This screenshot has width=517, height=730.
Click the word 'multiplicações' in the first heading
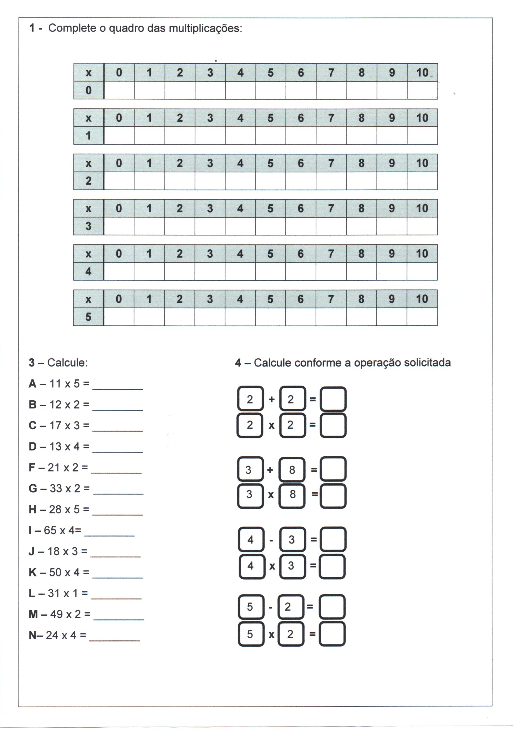205,29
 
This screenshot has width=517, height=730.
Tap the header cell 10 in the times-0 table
422,72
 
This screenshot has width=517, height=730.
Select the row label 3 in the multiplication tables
88,226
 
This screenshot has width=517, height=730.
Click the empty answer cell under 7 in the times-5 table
331,317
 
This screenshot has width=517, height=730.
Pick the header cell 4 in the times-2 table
240,163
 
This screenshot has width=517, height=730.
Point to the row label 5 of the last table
88,317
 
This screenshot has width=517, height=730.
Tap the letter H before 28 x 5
33,509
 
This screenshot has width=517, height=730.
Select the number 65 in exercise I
50,530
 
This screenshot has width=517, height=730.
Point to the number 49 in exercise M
56,614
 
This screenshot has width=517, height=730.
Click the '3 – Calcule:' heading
58,363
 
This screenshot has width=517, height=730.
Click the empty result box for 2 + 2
333,399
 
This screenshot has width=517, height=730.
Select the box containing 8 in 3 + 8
292,470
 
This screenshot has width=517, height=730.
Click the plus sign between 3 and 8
270,470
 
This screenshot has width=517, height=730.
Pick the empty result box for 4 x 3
333,566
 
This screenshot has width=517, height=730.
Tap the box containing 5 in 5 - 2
251,607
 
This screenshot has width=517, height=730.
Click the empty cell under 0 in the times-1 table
119,136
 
